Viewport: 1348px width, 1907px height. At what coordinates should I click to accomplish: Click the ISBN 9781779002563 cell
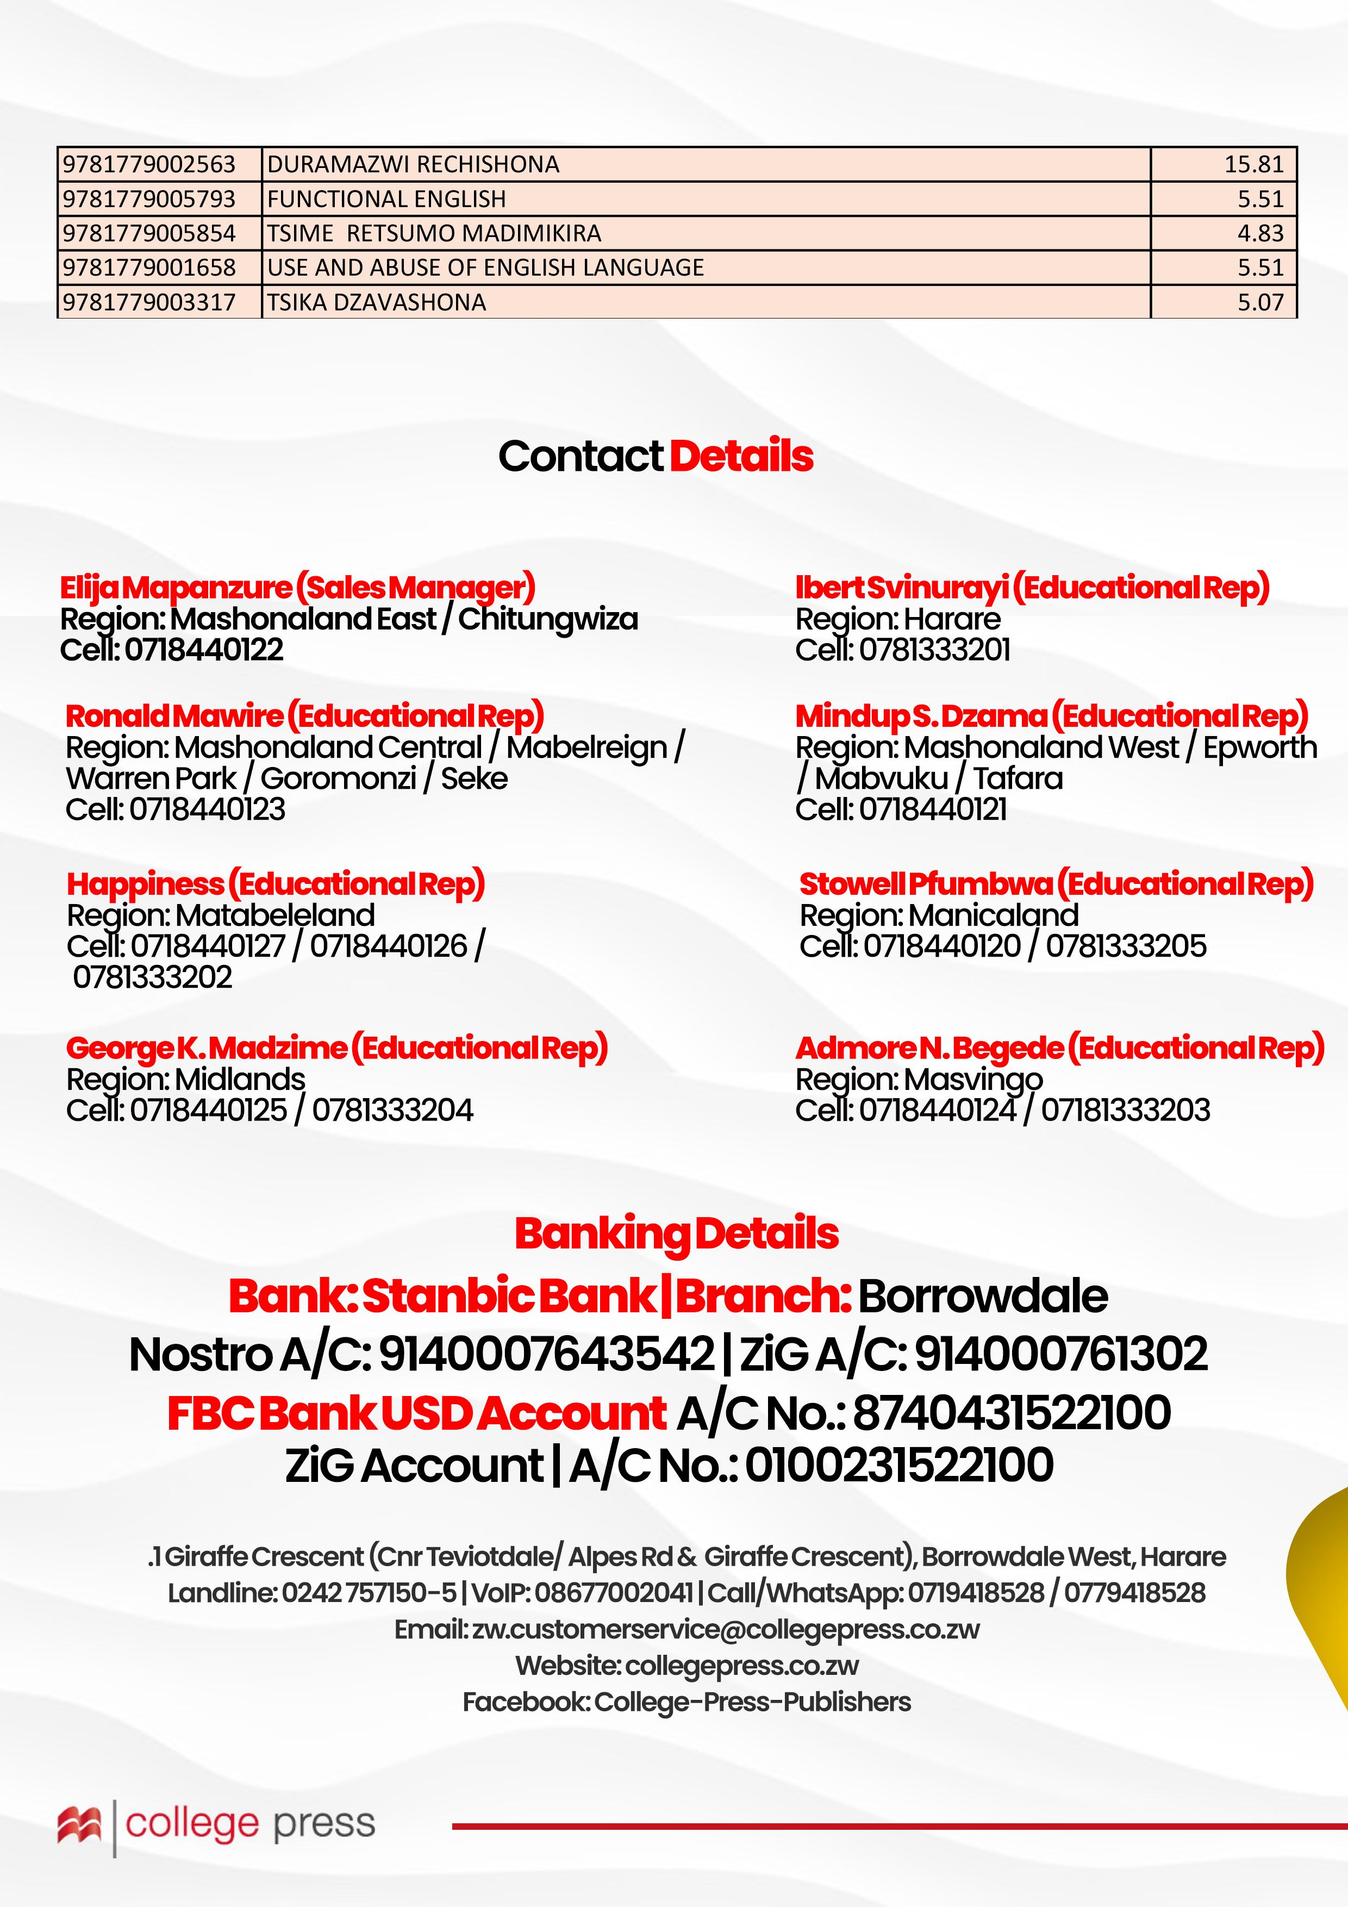[x=149, y=165]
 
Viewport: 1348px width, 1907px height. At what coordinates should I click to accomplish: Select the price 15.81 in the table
[x=1253, y=165]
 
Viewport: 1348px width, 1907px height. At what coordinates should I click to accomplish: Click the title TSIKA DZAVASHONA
[x=376, y=302]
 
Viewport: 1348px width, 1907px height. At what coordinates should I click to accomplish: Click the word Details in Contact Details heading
[x=741, y=456]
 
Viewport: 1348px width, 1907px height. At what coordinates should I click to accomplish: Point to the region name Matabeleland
[x=275, y=915]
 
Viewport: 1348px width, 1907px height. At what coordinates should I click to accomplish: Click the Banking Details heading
[x=676, y=1233]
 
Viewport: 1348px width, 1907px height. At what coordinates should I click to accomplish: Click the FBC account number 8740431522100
[x=1012, y=1413]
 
